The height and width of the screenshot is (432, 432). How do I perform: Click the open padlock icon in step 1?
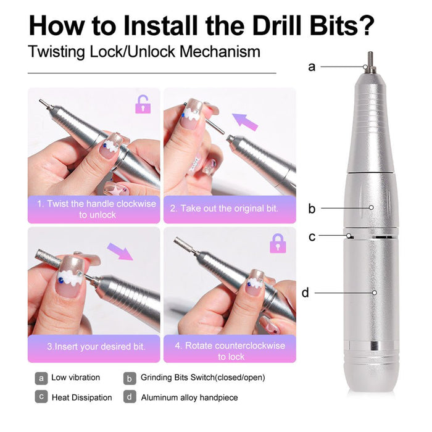coord(143,104)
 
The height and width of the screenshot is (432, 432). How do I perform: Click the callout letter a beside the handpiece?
coord(312,67)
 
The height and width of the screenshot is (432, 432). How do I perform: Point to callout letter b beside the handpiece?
coord(312,209)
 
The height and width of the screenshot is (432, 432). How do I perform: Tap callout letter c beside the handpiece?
coord(312,236)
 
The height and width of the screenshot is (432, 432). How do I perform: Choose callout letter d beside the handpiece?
coord(305,293)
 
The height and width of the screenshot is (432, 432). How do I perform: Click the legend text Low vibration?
coord(75,378)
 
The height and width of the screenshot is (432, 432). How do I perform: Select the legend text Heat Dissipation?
coord(81,397)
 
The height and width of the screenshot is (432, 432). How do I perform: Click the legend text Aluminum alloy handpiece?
coord(189,397)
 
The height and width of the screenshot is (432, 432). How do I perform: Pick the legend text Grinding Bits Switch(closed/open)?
coord(202,378)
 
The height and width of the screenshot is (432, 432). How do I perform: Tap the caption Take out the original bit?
coord(229,209)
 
